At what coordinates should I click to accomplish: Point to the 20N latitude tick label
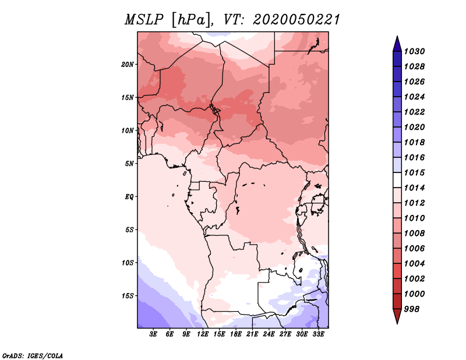tap(128, 64)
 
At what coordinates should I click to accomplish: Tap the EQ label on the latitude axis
tap(129, 196)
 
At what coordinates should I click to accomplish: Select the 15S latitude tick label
tap(128, 295)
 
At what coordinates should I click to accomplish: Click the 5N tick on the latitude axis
tap(129, 163)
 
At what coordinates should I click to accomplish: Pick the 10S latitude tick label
tap(128, 263)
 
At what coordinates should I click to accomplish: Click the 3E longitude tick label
tap(154, 335)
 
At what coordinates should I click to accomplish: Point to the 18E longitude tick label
tap(236, 335)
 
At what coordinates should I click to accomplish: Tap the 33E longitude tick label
tap(318, 335)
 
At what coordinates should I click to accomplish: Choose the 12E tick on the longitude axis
tap(203, 335)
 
